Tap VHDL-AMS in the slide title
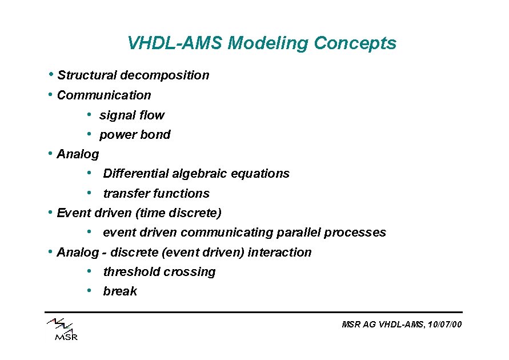click(175, 43)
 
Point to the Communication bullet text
click(104, 95)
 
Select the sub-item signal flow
click(131, 115)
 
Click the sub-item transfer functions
click(156, 194)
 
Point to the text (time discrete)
click(178, 213)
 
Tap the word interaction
click(279, 253)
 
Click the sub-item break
click(120, 291)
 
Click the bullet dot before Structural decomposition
click(51, 75)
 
